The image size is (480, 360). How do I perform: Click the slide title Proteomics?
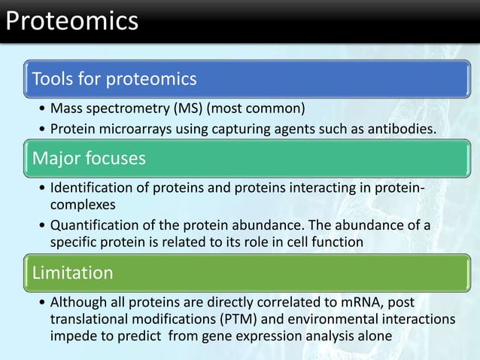(x=71, y=20)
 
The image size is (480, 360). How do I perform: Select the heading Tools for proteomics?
(x=113, y=78)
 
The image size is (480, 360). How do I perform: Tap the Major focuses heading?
(x=89, y=159)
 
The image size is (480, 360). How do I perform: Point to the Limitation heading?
(x=72, y=272)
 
